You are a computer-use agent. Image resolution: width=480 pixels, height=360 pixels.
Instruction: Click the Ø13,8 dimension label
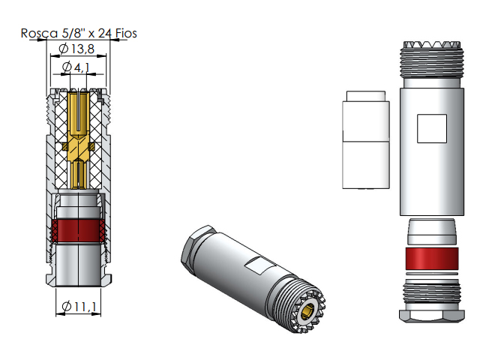76,49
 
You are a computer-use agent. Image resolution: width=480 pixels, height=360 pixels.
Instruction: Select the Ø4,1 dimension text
76,67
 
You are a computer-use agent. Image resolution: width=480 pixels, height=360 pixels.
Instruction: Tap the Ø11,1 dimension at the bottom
79,306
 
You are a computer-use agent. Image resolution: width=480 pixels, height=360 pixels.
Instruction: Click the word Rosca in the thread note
39,33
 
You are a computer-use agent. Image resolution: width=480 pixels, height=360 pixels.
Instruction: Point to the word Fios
126,33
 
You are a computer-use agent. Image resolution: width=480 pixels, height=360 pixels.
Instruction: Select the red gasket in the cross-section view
79,230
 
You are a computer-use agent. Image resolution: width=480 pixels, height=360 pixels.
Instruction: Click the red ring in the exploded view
432,258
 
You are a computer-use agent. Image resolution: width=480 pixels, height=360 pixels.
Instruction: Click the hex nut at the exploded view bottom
432,316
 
